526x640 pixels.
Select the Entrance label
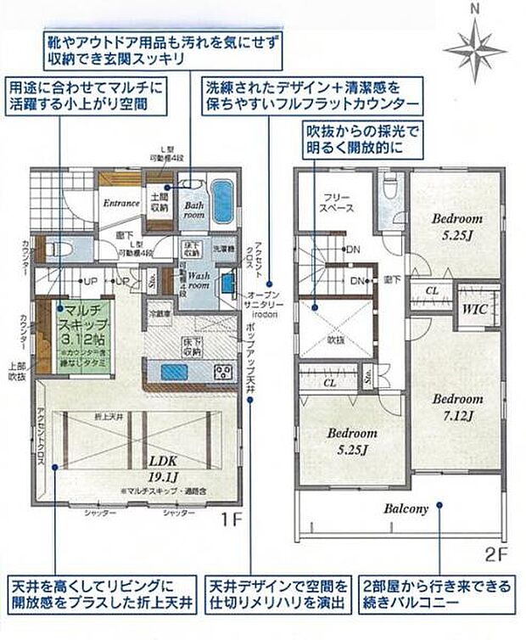121,204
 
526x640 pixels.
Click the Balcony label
404,509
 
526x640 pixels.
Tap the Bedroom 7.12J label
457,407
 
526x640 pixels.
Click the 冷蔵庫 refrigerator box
158,313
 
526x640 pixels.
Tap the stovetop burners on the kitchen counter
223,372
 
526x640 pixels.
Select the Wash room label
199,281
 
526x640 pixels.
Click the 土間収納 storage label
159,202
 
